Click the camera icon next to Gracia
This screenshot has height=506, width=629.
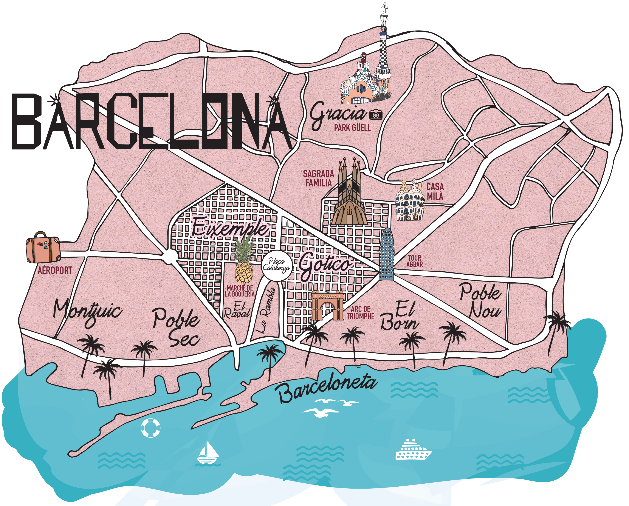coord(376,115)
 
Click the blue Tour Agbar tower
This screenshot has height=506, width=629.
coord(387,254)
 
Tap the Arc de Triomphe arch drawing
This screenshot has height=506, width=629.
coord(327,305)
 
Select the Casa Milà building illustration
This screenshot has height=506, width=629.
coord(410,201)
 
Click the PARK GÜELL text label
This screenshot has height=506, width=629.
coord(352,128)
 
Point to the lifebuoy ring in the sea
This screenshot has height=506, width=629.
coord(150,428)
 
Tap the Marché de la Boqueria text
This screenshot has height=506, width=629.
coord(240,291)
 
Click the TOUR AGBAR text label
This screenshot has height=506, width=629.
coord(415,261)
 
